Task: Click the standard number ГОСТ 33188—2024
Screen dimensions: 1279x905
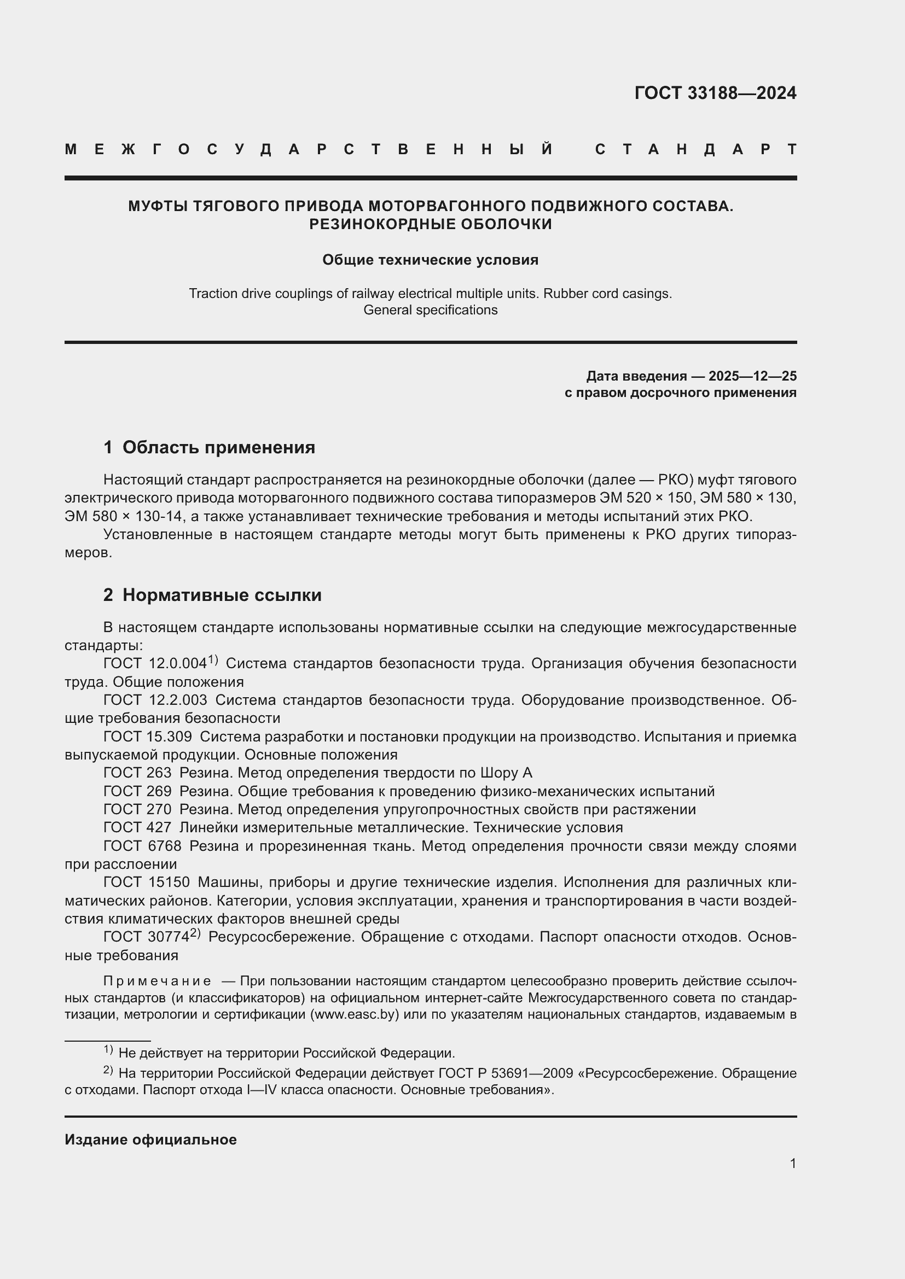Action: click(715, 93)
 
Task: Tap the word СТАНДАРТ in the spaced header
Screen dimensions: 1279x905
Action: click(695, 149)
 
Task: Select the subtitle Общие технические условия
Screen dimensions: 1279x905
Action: click(430, 260)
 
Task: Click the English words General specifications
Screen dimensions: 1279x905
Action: click(430, 309)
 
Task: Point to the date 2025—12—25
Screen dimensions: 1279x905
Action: click(752, 376)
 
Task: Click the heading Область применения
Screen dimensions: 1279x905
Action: click(218, 447)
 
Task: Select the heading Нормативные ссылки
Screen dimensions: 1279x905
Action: click(222, 595)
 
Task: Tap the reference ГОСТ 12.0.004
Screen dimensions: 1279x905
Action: click(155, 663)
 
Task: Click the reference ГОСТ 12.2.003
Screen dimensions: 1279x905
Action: click(155, 700)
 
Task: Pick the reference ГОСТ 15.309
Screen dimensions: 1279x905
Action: click(148, 737)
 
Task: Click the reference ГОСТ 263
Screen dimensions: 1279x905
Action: click(138, 773)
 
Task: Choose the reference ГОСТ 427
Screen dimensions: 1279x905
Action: click(138, 827)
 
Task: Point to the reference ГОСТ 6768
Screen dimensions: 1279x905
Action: click(142, 845)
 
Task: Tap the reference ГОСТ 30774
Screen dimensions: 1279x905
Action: click(147, 937)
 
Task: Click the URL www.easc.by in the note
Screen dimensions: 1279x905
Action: click(356, 1014)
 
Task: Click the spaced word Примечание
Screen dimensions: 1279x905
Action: click(157, 980)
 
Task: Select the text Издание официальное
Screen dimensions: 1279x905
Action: click(150, 1140)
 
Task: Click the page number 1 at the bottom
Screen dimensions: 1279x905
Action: click(792, 1163)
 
